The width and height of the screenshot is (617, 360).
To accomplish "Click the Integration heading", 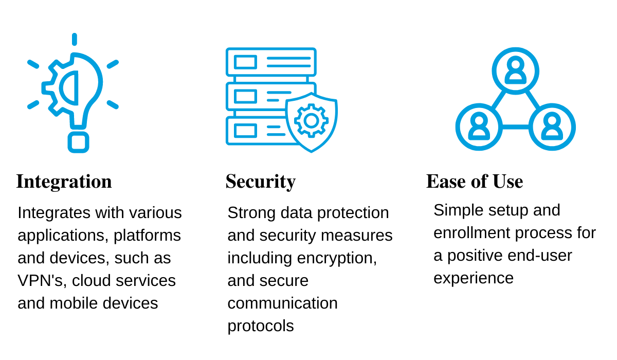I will [x=64, y=182].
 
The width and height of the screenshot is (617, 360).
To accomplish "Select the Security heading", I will [x=260, y=182].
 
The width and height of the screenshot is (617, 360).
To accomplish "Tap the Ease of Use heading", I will [x=474, y=182].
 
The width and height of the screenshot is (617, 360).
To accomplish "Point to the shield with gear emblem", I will [x=312, y=121].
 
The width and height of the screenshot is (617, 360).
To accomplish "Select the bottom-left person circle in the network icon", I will [x=479, y=127].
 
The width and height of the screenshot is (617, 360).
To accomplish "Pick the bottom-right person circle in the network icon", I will [x=552, y=127].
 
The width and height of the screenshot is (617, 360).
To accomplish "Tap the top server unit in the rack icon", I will [x=271, y=62].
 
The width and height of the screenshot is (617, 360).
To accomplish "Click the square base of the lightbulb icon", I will [x=78, y=142].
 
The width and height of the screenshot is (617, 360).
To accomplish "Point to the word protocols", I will [x=260, y=326].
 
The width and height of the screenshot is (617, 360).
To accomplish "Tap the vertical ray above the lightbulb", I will [x=75, y=40].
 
